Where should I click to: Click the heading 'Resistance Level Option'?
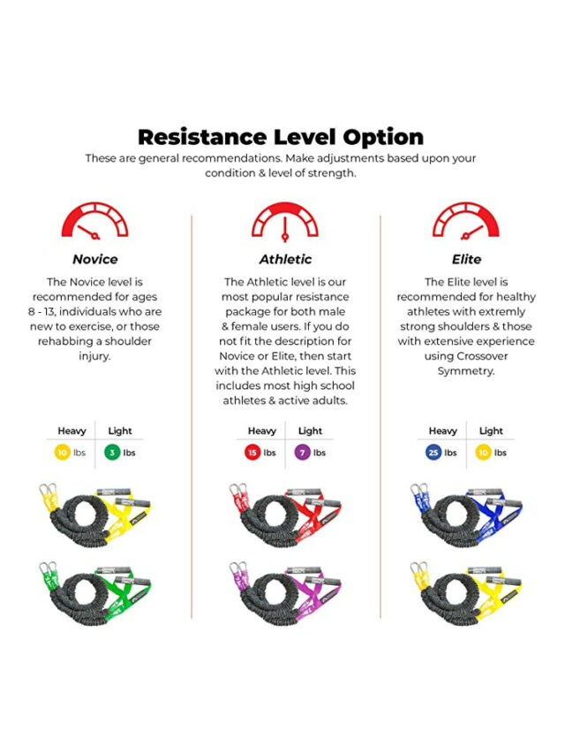281,137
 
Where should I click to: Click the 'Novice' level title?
95,259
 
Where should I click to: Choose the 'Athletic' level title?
285,259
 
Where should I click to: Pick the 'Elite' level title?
466,259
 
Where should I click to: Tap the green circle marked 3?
112,453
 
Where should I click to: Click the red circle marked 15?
252,453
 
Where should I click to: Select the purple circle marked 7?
302,453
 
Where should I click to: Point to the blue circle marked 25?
433,453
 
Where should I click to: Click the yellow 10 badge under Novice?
62,453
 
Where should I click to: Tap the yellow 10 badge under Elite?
483,453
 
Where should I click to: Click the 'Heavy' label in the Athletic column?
262,430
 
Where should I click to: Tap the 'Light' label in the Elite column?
491,430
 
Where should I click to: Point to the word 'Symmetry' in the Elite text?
465,371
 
